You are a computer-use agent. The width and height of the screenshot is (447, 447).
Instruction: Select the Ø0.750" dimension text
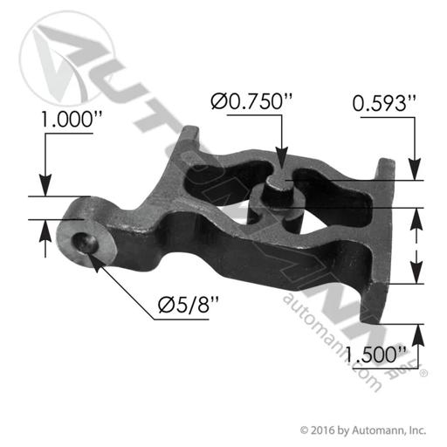coord(251,102)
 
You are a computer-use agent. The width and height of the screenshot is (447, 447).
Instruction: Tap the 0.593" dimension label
coord(384,104)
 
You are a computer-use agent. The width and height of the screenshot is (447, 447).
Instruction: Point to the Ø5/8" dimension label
coord(188,305)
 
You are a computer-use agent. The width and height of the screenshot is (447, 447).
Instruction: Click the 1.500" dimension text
coord(375,354)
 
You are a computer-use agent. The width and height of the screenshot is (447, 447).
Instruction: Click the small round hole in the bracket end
coord(85,244)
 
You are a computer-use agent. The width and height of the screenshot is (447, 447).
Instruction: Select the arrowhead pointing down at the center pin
coord(281,159)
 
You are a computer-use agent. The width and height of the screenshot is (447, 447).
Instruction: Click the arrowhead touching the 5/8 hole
coord(95,261)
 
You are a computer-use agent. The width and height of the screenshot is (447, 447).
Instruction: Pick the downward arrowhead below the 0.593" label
coord(415,169)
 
